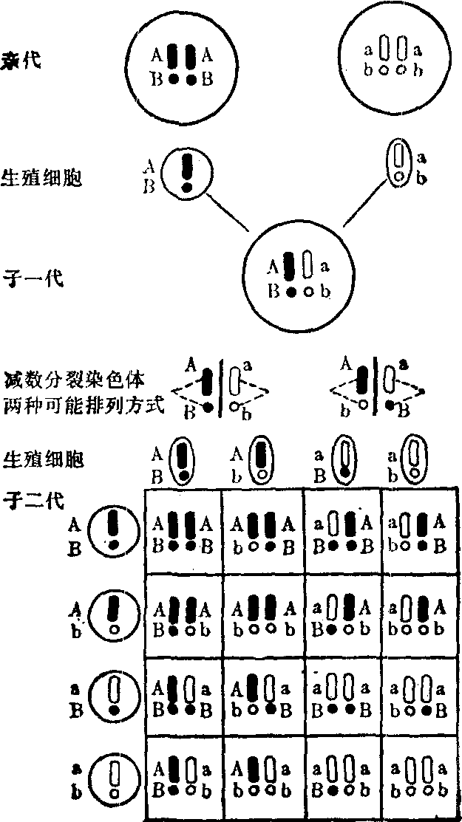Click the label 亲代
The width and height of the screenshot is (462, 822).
click(23, 60)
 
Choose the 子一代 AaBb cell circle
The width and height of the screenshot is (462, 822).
click(299, 273)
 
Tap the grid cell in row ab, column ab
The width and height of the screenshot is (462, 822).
click(418, 778)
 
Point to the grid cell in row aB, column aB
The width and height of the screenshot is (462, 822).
click(342, 696)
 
